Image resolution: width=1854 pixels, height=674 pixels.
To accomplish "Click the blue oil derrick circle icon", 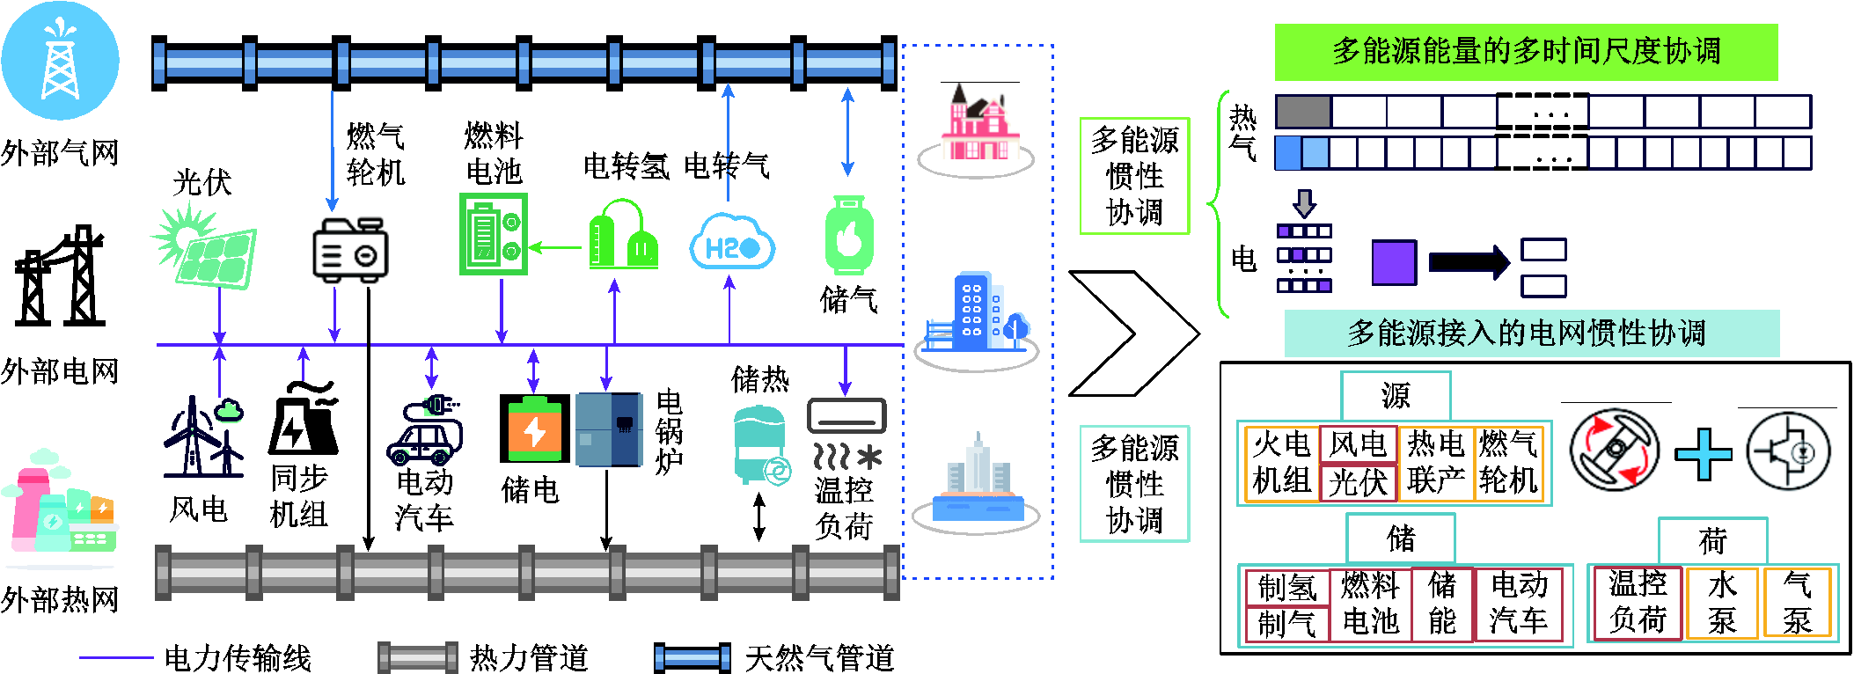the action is (x=60, y=60).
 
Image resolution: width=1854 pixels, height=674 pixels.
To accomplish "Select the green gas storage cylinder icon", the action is (x=848, y=236).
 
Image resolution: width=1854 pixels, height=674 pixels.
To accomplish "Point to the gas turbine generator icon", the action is (x=350, y=250).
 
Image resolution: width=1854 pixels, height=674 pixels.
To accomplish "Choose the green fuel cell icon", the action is (x=493, y=234).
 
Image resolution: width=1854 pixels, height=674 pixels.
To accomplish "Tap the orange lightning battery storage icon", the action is (x=533, y=429).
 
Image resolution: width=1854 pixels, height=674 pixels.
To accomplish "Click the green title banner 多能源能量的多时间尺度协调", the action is (x=1526, y=52).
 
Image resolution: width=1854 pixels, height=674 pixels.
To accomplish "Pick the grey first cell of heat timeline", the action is (x=1303, y=112).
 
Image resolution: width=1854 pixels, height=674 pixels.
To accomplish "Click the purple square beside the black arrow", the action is (x=1395, y=262).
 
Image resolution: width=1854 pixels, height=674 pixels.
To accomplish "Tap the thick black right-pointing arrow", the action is (x=1469, y=262).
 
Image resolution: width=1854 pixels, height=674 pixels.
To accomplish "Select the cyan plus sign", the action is (x=1704, y=454).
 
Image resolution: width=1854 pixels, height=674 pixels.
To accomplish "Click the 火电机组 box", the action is (x=1282, y=463).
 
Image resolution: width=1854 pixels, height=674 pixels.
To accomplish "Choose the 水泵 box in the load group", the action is (x=1722, y=603).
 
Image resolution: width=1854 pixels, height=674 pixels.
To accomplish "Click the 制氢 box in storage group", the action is (x=1286, y=587).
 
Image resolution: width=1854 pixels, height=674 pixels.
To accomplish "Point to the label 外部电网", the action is (x=60, y=371).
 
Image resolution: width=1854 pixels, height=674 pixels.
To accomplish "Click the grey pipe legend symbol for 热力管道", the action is (x=417, y=657).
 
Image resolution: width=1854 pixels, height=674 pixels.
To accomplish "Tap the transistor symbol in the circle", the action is (x=1788, y=451).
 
